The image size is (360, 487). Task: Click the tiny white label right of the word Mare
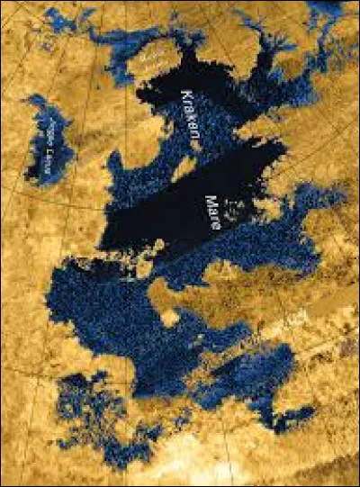click(232, 209)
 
